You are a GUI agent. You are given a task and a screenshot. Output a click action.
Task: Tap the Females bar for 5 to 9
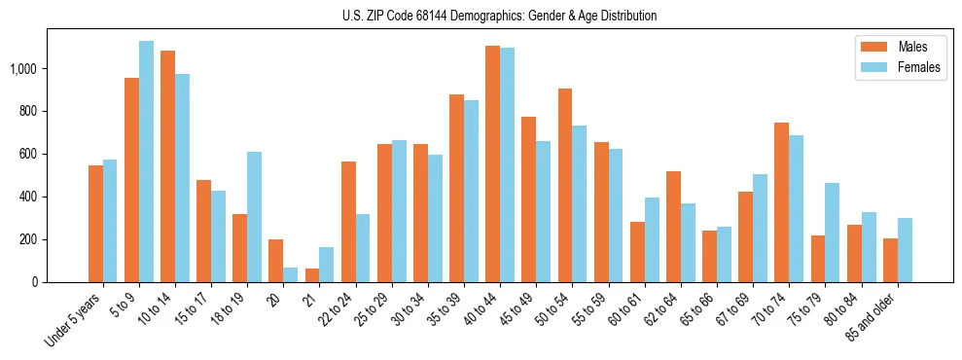pyautogui.click(x=146, y=162)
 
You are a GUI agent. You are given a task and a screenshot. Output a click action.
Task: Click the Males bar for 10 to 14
pyautogui.click(x=167, y=166)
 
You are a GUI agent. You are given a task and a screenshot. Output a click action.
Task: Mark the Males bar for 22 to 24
pyautogui.click(x=347, y=222)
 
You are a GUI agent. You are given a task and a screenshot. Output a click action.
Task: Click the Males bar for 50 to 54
pyautogui.click(x=564, y=185)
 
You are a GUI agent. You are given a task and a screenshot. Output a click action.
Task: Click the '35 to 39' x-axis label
pyautogui.click(x=442, y=308)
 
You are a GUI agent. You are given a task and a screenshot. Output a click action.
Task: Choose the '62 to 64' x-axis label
pyautogui.click(x=659, y=308)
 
